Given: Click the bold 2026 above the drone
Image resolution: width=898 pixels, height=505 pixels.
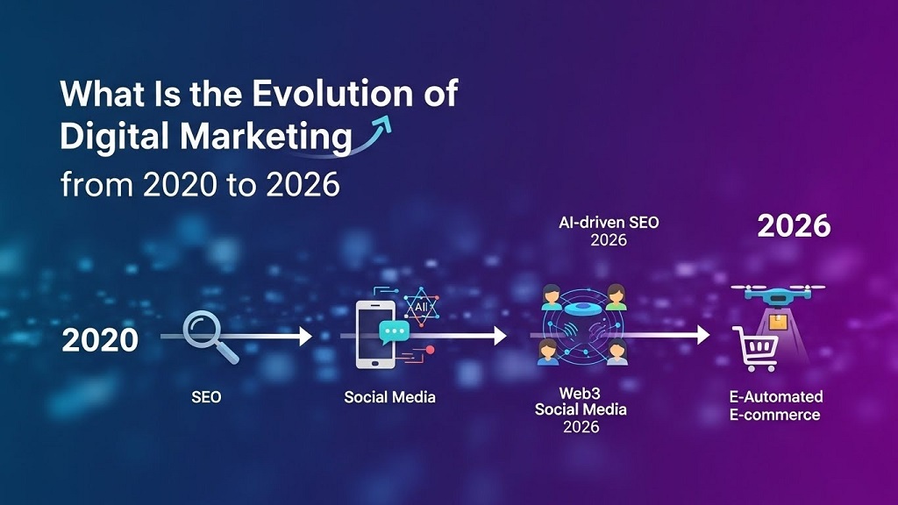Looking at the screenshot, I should pos(794,226).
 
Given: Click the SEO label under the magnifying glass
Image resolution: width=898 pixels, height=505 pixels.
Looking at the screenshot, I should pos(206,397).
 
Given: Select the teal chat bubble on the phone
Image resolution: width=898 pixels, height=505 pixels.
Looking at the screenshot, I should pos(394,332).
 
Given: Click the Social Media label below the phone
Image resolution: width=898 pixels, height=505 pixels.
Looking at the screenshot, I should pos(389,397).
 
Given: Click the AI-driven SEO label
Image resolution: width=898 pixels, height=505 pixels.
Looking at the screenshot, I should pos(609,223).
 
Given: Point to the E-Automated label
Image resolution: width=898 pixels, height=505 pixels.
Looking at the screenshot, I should pos(776,397).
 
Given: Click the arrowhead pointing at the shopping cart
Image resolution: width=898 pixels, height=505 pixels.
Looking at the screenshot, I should pos(702,334).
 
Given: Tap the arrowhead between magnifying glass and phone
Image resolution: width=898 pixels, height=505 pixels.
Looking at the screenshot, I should pos(304,336).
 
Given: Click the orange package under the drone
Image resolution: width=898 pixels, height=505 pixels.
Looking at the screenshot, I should pos(777,324).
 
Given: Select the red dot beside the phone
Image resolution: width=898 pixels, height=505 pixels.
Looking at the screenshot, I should pos(430,350).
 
